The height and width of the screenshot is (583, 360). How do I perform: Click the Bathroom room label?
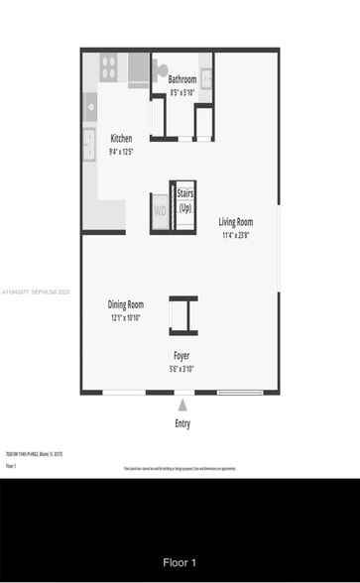point(181,79)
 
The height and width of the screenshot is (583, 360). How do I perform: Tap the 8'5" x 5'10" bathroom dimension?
point(181,91)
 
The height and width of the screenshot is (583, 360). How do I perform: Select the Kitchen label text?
point(121,139)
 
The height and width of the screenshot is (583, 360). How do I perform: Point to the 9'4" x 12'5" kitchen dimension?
point(121,152)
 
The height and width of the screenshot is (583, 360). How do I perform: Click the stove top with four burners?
point(108,67)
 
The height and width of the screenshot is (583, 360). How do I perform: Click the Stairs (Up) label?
point(185,201)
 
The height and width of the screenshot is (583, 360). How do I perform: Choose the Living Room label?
point(236,222)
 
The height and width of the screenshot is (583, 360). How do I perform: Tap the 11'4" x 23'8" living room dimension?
point(236,235)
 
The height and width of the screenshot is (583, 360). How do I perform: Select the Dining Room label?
point(126,304)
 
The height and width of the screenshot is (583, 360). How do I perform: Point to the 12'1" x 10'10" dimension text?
point(126,317)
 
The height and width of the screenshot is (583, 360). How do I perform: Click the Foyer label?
point(182,355)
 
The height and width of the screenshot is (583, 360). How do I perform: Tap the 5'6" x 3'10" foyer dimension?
point(182,368)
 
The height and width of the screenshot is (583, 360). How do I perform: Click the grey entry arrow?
point(182,404)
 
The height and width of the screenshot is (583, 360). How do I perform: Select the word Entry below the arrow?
point(182,423)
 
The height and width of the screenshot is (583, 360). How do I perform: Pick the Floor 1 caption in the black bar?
point(180,562)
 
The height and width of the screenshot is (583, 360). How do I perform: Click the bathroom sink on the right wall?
point(204,68)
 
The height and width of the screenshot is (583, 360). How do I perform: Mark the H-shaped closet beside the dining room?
point(182,315)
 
